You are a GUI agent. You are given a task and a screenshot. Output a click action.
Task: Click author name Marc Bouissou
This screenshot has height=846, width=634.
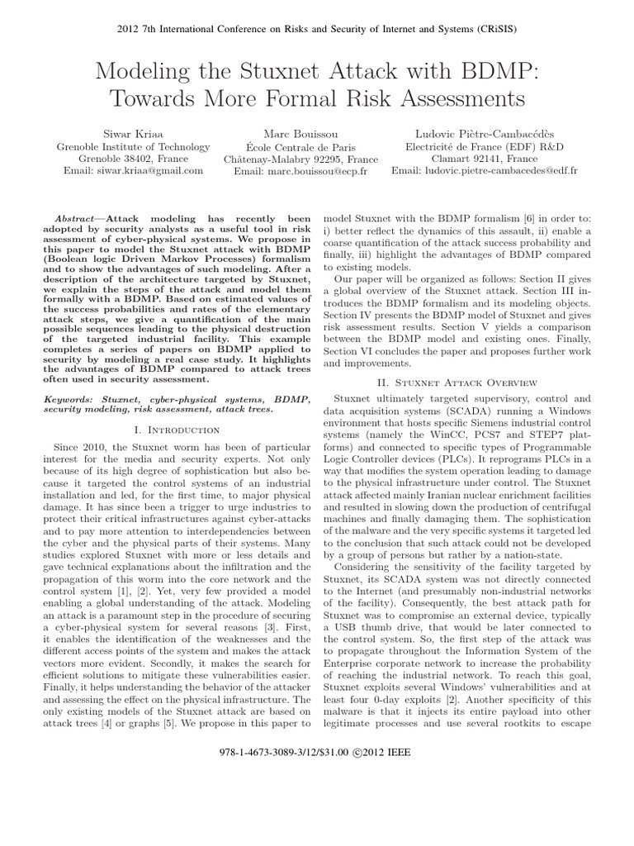click(300, 133)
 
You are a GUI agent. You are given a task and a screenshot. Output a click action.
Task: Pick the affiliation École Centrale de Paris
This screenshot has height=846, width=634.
click(300, 146)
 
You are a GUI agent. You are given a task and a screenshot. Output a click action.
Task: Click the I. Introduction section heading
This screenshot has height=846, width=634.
click(176, 430)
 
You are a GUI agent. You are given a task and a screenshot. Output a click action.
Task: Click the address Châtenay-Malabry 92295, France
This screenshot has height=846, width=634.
click(300, 159)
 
